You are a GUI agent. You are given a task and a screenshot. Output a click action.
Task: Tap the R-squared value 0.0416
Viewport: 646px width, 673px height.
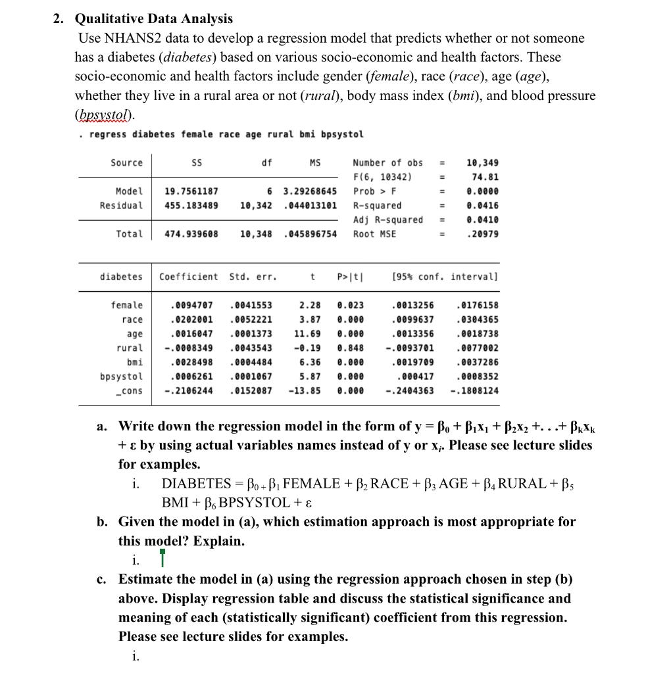[x=483, y=205]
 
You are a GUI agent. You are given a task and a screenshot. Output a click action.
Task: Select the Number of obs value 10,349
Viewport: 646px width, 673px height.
[x=482, y=162]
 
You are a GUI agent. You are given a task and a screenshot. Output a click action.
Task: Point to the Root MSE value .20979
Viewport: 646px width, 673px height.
[x=483, y=234]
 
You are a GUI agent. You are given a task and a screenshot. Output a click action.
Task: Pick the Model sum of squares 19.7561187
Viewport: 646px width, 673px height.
[x=191, y=191]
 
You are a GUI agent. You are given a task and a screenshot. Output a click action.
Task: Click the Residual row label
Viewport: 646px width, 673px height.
[x=121, y=205]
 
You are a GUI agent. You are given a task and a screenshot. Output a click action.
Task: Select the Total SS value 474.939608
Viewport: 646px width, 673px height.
[x=191, y=234]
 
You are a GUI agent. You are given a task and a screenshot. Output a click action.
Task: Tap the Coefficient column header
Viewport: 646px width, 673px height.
[x=189, y=276]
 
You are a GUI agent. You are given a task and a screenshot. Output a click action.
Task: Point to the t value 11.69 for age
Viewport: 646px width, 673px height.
[x=309, y=333]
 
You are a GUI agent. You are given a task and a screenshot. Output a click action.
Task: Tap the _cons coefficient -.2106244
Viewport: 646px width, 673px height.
[x=188, y=390]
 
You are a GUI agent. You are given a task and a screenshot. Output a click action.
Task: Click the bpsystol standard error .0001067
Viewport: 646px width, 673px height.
[x=252, y=377]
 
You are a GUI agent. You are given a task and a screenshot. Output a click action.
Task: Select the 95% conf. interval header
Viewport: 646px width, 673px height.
[x=444, y=276]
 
